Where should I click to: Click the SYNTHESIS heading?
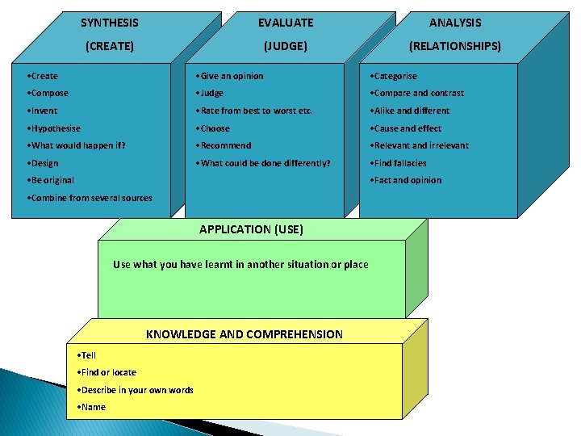[110, 23]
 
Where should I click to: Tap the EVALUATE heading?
[286, 23]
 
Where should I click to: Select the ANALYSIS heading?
[455, 23]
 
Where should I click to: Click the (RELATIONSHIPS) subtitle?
[455, 47]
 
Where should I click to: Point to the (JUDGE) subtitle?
[286, 47]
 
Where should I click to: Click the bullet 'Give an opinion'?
[232, 76]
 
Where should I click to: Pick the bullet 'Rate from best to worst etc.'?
[256, 111]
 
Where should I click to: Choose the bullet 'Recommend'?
[225, 146]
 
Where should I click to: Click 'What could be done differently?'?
[265, 163]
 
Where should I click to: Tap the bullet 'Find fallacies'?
[400, 163]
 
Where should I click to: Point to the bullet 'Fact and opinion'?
[407, 181]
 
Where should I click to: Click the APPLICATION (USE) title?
[251, 229]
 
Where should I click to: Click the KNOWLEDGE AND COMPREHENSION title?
[244, 334]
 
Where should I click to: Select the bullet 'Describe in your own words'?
[136, 390]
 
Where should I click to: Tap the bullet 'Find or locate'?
[108, 372]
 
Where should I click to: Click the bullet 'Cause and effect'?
[408, 128]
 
